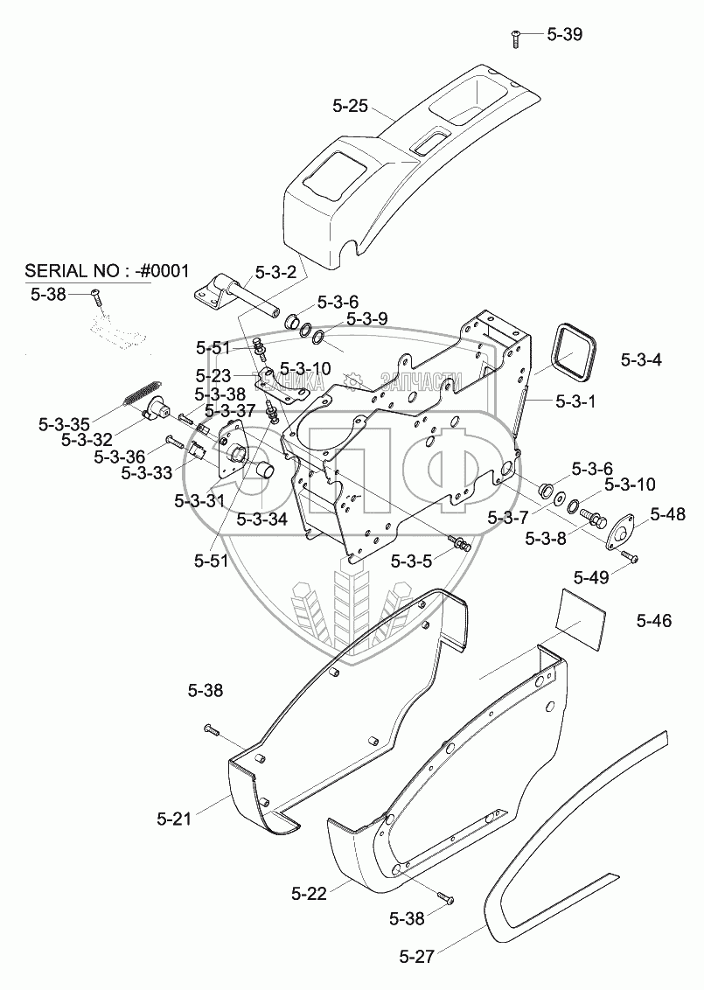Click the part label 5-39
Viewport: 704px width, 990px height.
pyautogui.click(x=564, y=35)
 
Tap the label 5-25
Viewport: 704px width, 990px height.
pyautogui.click(x=351, y=108)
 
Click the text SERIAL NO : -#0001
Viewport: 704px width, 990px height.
pyautogui.click(x=107, y=269)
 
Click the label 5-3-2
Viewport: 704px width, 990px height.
pyautogui.click(x=276, y=272)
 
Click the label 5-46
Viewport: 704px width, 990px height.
pyautogui.click(x=654, y=621)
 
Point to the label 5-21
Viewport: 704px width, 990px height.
pyautogui.click(x=174, y=819)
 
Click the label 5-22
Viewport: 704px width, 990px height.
pyautogui.click(x=309, y=893)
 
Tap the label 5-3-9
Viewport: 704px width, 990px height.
pyautogui.click(x=366, y=319)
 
